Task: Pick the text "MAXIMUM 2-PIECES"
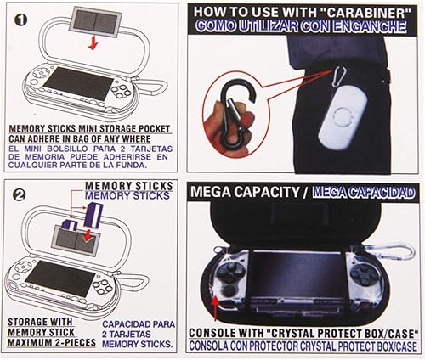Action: pos(48,345)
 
